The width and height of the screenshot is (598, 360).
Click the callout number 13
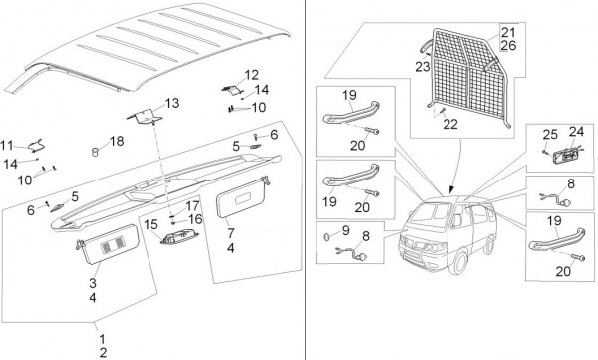(172, 103)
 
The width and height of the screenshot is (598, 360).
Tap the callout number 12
(252, 75)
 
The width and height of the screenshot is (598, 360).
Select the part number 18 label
(117, 141)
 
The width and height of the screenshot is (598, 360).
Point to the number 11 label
(7, 145)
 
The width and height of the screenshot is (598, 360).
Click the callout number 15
(150, 224)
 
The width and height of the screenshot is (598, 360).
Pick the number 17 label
(192, 206)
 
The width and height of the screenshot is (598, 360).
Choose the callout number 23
(423, 67)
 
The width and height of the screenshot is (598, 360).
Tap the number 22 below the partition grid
(450, 124)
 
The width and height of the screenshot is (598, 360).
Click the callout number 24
(576, 132)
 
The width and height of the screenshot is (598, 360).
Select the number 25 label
(550, 135)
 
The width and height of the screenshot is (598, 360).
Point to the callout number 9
(346, 230)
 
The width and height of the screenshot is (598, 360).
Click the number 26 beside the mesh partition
(508, 46)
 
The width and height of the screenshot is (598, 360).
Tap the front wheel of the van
(458, 263)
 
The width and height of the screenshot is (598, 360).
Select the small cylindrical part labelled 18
(95, 152)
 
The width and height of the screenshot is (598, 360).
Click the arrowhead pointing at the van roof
(452, 188)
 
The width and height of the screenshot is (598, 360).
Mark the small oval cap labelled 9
(328, 237)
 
